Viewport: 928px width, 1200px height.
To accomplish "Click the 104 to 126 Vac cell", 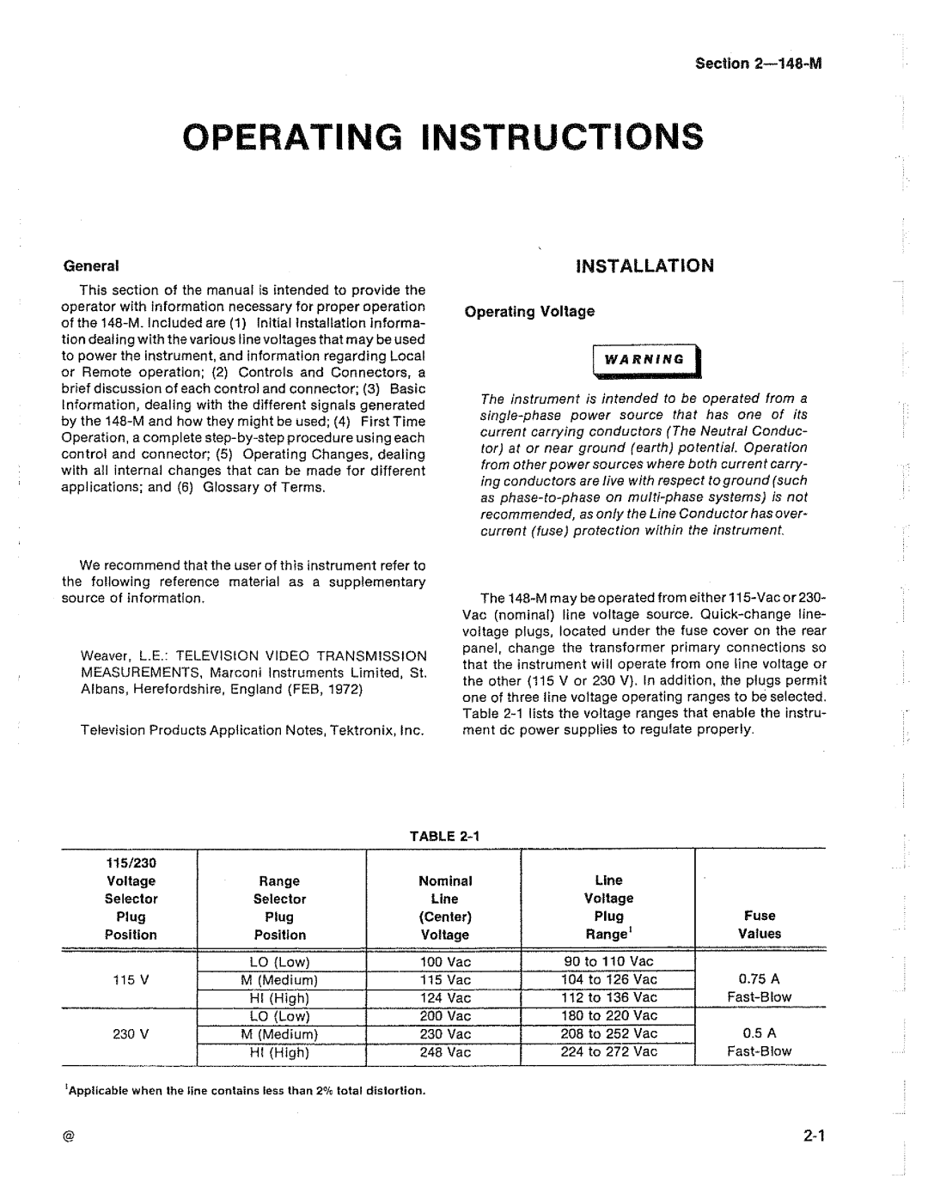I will pyautogui.click(x=608, y=979).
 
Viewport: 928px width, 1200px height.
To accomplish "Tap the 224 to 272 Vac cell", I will pyautogui.click(x=608, y=1051).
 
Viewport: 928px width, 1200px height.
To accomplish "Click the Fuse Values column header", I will pyautogui.click(x=760, y=925).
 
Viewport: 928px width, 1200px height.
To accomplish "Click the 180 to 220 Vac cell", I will pyautogui.click(x=608, y=1015).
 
